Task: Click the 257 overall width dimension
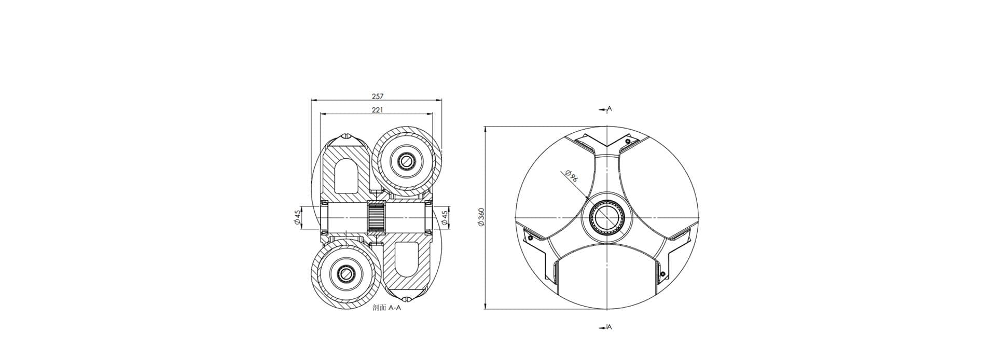(377, 96)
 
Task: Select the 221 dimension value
(377, 110)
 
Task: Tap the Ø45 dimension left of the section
(297, 218)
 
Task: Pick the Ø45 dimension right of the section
(445, 218)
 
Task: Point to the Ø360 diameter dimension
(480, 217)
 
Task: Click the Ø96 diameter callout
(570, 176)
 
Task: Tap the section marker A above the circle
(610, 109)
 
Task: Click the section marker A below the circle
(610, 327)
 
